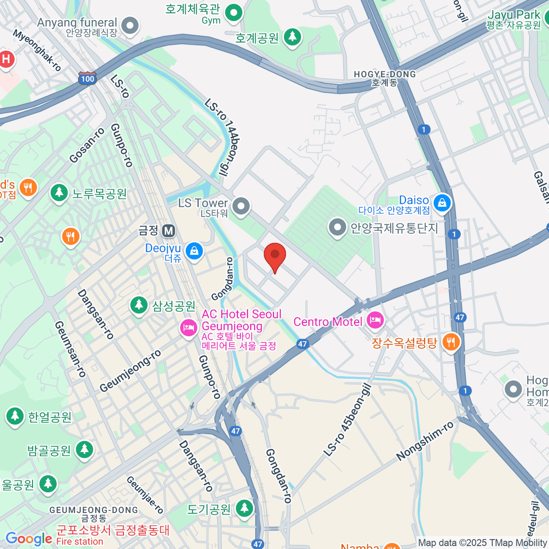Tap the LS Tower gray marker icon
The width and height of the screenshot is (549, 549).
tap(241, 206)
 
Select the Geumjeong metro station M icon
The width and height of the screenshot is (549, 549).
tap(168, 231)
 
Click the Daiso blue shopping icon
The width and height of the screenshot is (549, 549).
tap(442, 202)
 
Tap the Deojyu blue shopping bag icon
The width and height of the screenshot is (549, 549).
tap(194, 251)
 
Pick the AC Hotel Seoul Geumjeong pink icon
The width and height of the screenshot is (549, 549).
tap(188, 328)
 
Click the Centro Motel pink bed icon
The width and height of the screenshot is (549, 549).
tap(375, 321)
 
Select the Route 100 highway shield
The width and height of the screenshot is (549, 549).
tap(87, 79)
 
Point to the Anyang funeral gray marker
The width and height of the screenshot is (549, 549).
tap(130, 26)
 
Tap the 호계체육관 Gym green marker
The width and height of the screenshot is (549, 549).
tap(234, 12)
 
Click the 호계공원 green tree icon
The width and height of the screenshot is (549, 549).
tap(292, 37)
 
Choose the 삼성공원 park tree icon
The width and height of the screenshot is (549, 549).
tap(139, 305)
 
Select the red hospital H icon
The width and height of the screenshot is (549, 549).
tap(6, 59)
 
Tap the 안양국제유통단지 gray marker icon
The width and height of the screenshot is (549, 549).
tap(337, 227)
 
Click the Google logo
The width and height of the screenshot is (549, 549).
tap(28, 538)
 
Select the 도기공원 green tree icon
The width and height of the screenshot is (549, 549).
tap(244, 507)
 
